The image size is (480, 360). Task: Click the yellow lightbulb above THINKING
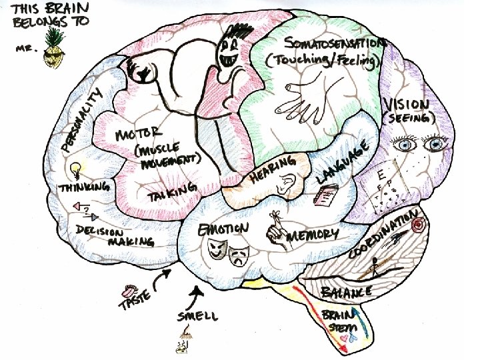click(x=76, y=168)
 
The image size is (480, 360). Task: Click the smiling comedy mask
click(x=215, y=249)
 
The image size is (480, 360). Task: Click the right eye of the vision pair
click(x=435, y=141)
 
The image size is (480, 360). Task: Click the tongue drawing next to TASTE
click(x=127, y=291)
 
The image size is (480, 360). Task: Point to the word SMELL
click(x=197, y=315)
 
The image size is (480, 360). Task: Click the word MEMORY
click(x=313, y=235)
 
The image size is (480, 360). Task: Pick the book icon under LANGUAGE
click(x=326, y=196)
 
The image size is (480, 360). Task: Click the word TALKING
click(x=173, y=194)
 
